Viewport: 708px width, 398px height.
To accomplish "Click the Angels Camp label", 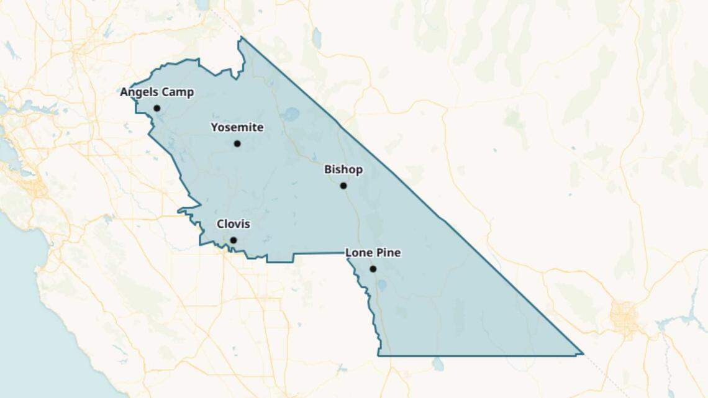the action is click(157, 93).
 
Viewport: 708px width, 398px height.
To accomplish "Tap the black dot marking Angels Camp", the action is click(157, 108).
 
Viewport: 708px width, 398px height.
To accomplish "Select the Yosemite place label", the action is click(237, 128).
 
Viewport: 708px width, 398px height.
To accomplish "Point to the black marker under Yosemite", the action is click(237, 143).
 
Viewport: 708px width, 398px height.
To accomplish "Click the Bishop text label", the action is click(343, 170).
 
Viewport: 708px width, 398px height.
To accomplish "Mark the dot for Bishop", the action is click(343, 186).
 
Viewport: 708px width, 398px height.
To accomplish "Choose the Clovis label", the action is click(233, 224).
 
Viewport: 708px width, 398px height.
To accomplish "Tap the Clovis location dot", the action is click(234, 240).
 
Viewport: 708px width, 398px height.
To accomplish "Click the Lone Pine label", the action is click(373, 253).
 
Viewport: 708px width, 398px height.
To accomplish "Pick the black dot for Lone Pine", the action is click(373, 269).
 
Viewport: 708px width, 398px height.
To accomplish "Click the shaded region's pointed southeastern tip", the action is click(582, 354).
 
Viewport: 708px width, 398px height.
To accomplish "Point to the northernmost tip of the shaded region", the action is click(241, 38).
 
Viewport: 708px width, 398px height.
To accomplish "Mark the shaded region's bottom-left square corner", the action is click(378, 355).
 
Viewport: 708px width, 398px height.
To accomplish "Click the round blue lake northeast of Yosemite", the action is click(290, 114).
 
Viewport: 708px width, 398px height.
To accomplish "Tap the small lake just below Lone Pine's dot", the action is click(383, 285).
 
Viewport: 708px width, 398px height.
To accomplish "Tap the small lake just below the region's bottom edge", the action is click(438, 364).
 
